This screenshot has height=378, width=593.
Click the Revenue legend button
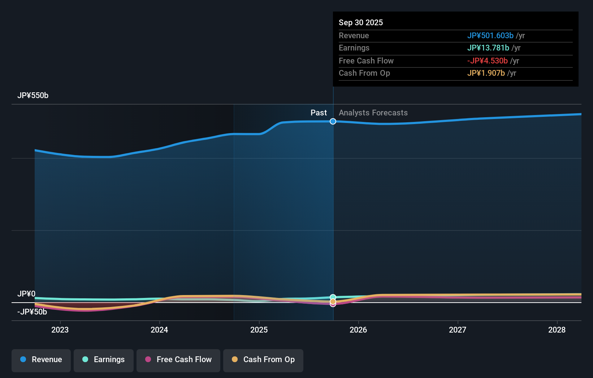point(41,360)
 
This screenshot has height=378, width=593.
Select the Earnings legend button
point(104,360)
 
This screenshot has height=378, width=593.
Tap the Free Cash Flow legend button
point(178,360)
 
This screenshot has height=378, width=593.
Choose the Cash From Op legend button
point(263,360)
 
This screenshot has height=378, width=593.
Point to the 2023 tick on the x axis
point(60,330)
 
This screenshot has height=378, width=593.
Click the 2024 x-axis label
point(159,330)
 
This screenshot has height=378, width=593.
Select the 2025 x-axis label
point(259,330)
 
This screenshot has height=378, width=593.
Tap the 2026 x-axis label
point(358,330)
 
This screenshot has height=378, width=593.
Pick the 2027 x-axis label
point(458,330)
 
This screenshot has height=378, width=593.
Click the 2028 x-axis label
point(557,330)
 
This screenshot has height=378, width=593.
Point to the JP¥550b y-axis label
point(33,96)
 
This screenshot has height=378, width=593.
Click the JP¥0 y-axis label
point(26,294)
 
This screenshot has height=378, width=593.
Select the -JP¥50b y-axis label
point(32,312)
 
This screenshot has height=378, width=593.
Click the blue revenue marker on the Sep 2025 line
point(333,122)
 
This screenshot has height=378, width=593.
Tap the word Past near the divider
point(319,113)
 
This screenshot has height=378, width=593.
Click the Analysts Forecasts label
point(373,113)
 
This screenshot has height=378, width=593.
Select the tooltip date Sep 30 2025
point(361,23)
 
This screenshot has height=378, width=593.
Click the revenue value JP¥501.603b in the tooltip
point(490,36)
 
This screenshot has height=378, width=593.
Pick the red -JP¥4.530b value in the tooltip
point(487,61)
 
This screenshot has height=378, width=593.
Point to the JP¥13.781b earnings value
point(488,48)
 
